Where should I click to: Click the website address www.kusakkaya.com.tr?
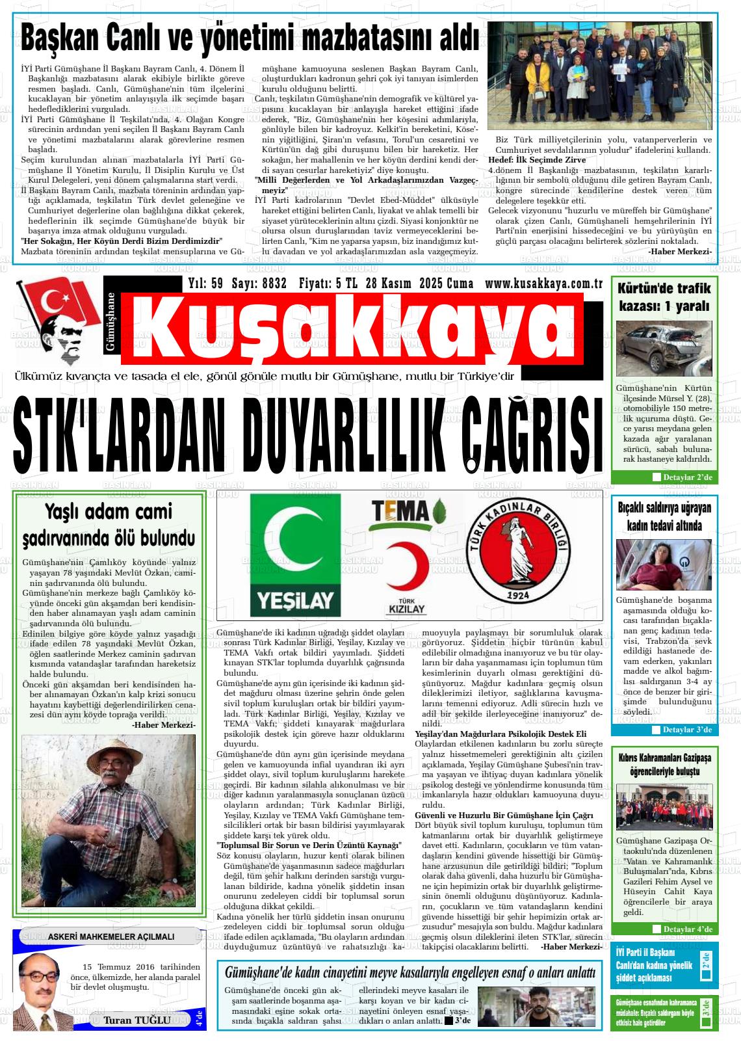click(x=545, y=284)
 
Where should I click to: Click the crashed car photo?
click(x=664, y=346)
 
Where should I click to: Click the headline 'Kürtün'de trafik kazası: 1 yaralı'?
click(x=664, y=297)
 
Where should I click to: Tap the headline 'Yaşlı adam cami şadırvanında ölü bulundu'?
click(x=109, y=524)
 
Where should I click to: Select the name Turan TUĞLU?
click(x=137, y=1020)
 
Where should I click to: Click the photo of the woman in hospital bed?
click(x=664, y=564)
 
